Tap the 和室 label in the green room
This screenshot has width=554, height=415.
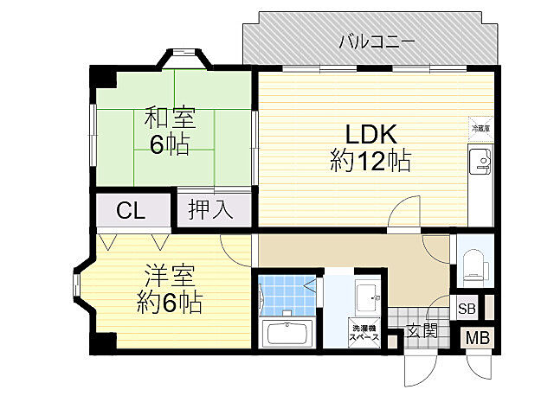coord(169,117)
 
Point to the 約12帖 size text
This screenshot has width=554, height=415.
coord(370,161)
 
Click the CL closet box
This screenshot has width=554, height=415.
coord(132,210)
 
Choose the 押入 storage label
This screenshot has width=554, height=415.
coord(211,210)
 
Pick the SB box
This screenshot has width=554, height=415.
coord(467,309)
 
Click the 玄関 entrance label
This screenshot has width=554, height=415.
coord(422,329)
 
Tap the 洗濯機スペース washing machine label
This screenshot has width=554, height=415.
coord(364,333)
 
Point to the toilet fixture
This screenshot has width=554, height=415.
coord(473,261)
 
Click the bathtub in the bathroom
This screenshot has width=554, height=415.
coord(287,334)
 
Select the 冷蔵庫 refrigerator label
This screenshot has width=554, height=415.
coord(480,128)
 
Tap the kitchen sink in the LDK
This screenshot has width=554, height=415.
coord(480,160)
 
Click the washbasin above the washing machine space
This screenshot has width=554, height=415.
coord(367,298)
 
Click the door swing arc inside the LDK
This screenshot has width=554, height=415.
coord(400,216)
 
